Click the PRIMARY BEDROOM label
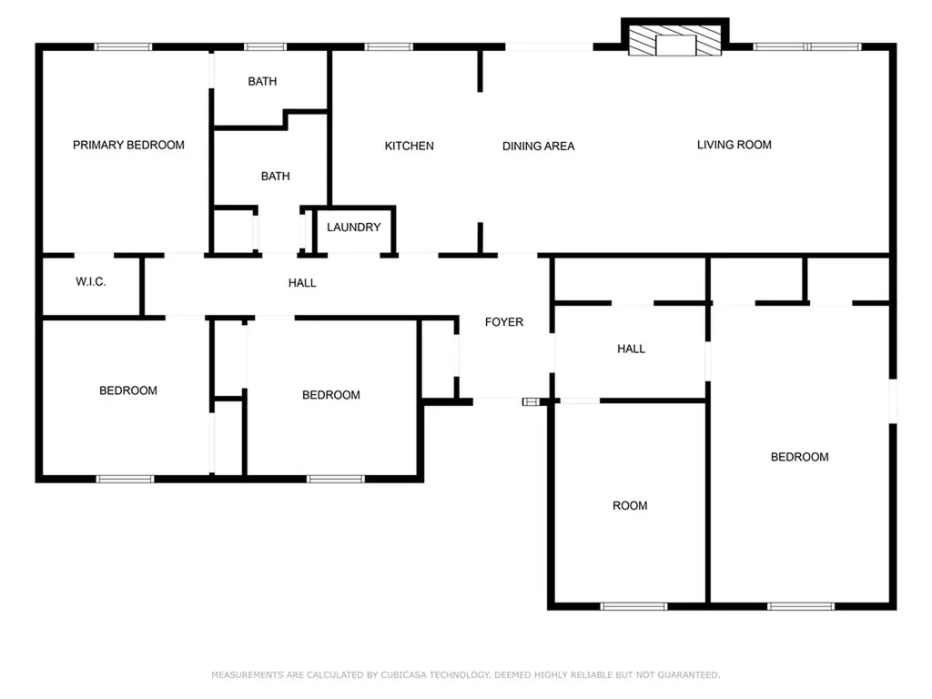[x=128, y=145]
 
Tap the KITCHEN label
[x=409, y=147]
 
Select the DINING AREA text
[x=539, y=147]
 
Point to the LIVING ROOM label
[x=734, y=145]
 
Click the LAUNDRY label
[x=354, y=227]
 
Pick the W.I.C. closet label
[x=91, y=282]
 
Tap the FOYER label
[x=504, y=322]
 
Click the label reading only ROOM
[x=630, y=506]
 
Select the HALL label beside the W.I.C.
[x=302, y=283]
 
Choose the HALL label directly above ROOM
[x=632, y=349]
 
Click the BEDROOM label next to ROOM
[x=799, y=457]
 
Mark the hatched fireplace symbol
[x=675, y=41]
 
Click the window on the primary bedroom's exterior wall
[x=123, y=47]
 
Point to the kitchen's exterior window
[x=389, y=47]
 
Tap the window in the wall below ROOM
[x=633, y=606]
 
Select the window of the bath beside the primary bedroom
[x=265, y=47]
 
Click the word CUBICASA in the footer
[x=403, y=675]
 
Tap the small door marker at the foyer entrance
[x=530, y=402]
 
